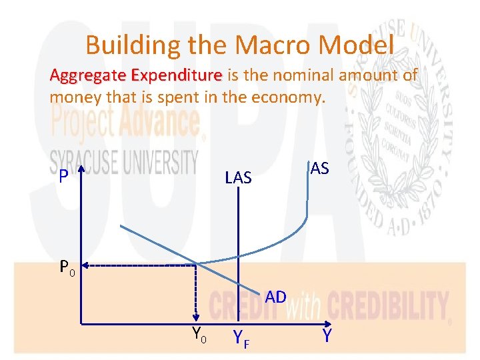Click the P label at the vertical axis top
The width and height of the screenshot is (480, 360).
click(x=63, y=177)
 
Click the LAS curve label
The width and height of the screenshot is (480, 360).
click(x=238, y=177)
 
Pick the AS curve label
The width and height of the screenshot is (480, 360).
click(x=319, y=169)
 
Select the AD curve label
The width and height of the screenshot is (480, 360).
click(x=275, y=297)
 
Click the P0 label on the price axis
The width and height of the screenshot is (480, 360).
click(x=67, y=268)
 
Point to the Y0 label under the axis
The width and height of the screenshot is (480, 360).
click(x=199, y=335)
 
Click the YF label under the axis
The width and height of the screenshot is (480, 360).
click(x=241, y=340)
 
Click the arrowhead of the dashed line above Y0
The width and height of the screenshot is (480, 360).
click(x=196, y=320)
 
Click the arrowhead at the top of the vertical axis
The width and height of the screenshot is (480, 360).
click(x=80, y=171)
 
